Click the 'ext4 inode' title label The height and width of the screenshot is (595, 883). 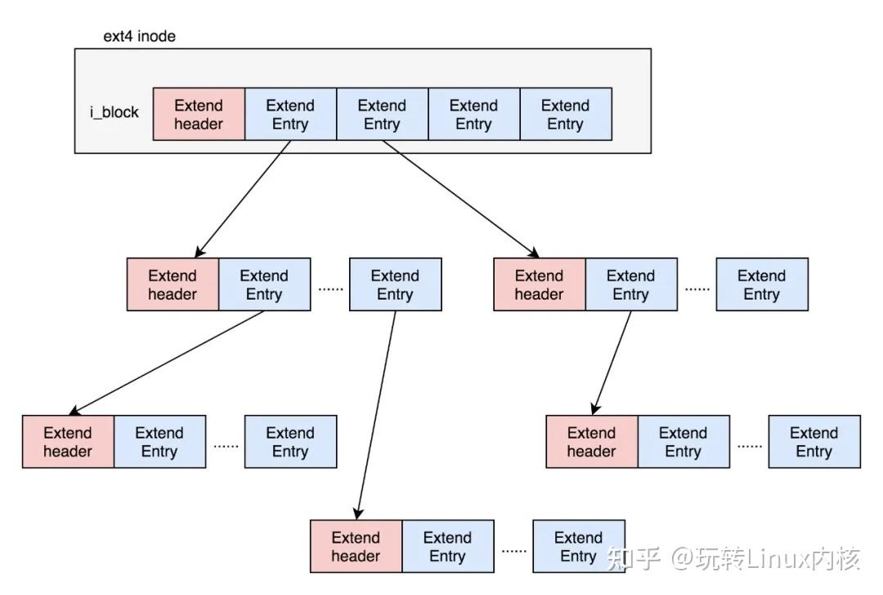tap(139, 36)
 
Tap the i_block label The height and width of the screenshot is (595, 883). tap(114, 112)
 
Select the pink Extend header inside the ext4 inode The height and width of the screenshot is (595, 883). tap(199, 115)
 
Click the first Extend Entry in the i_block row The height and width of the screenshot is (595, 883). tap(290, 115)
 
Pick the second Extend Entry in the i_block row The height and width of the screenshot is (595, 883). tap(382, 115)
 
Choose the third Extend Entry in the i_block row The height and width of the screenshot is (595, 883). tap(473, 115)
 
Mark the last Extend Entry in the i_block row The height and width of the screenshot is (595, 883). tap(565, 115)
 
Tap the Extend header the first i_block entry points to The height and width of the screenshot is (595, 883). tap(173, 285)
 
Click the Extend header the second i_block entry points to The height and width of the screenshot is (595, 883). tap(540, 285)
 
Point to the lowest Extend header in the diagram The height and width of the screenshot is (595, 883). tap(356, 547)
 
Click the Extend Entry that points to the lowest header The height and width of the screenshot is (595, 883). tap(395, 285)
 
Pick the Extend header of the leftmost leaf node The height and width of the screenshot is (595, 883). tap(68, 442)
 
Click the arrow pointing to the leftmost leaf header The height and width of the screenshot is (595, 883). tap(168, 363)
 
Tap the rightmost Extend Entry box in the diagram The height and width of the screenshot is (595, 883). tap(814, 442)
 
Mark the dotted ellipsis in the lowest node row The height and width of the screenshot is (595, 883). tap(513, 551)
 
